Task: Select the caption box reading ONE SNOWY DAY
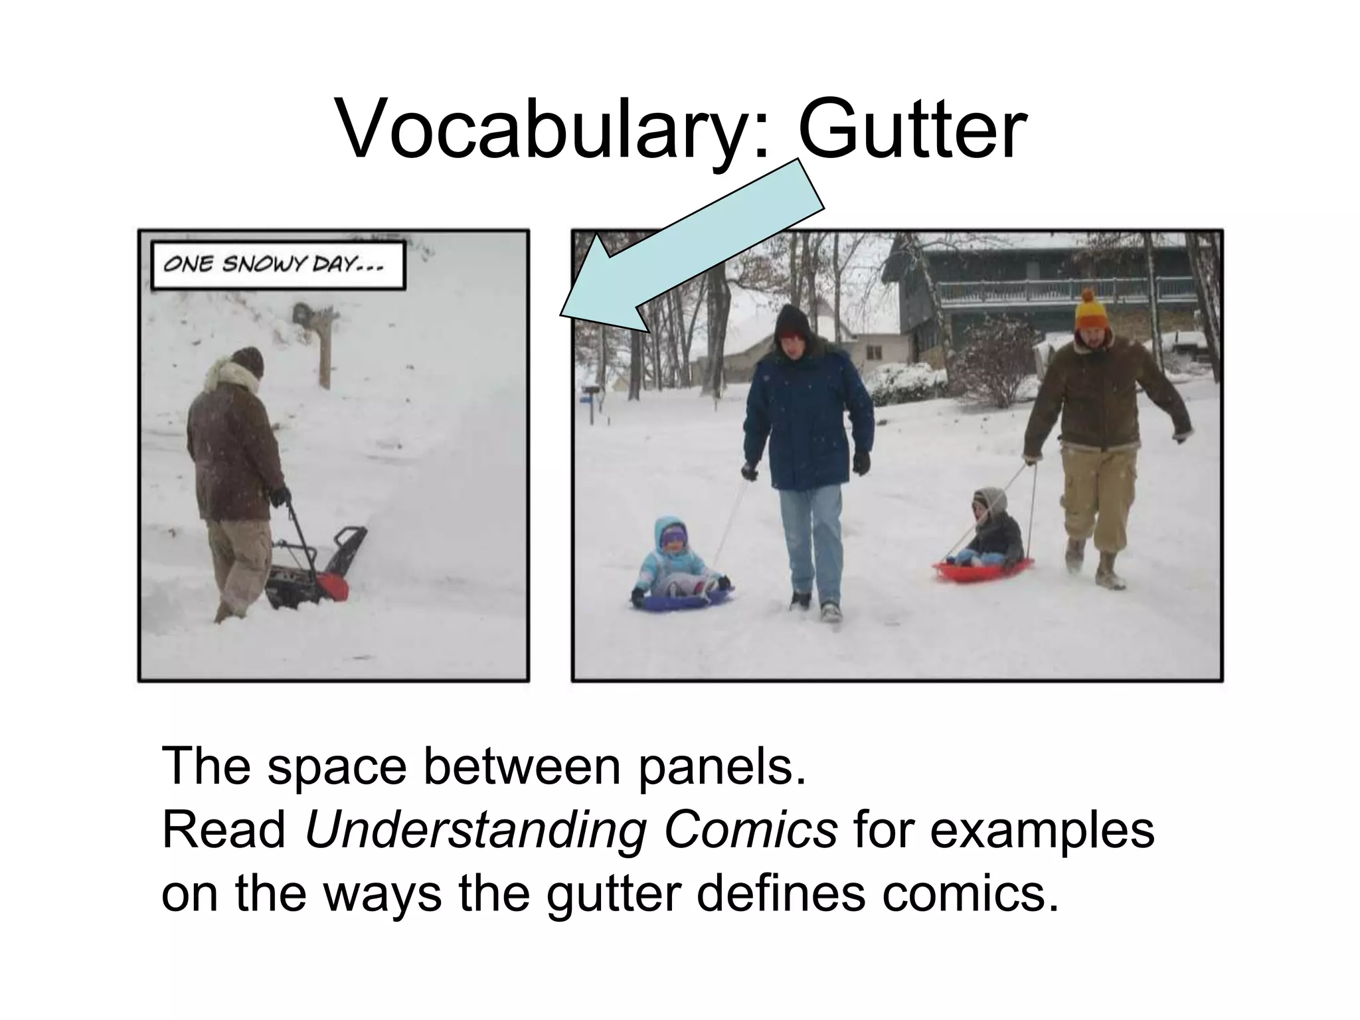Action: pos(278,266)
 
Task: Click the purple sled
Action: pos(681,599)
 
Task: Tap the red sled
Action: pos(983,570)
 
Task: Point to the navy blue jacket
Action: pos(807,418)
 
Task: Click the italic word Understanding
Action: pos(475,830)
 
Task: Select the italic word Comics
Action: pos(750,830)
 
